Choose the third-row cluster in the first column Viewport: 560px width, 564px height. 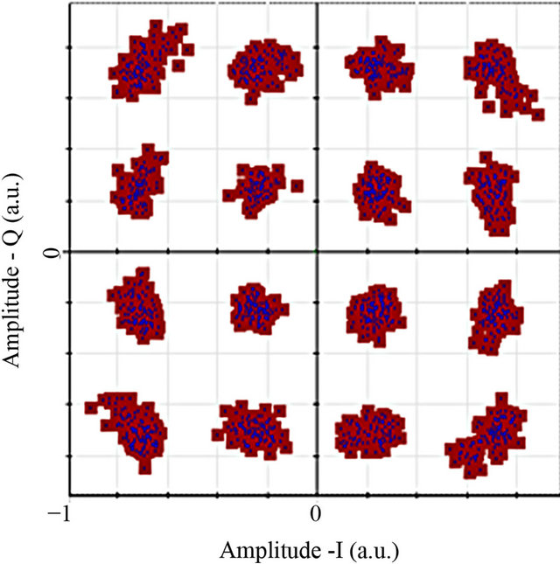[137, 306]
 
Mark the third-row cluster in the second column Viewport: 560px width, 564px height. [257, 307]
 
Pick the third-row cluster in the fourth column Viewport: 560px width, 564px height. [494, 315]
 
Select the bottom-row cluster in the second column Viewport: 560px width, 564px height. [252, 428]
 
